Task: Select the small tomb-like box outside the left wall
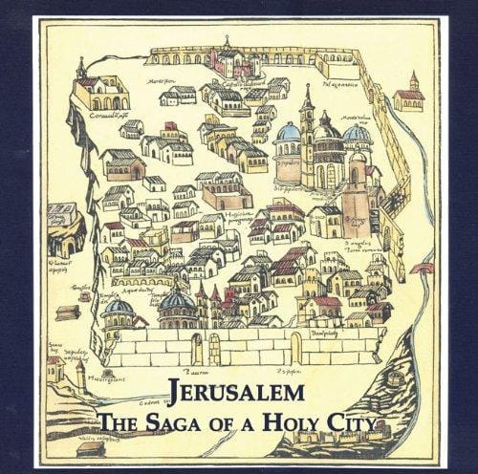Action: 67,312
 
